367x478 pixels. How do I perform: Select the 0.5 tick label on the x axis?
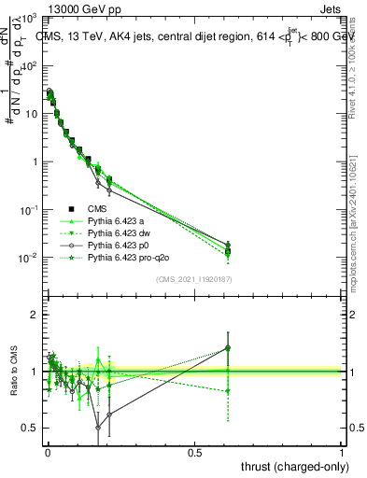[x=194, y=453]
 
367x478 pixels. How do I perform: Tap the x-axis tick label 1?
[x=342, y=453]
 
